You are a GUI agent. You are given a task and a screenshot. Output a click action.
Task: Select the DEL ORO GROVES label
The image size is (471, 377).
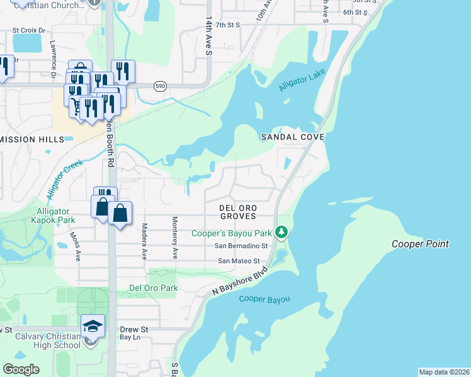237,211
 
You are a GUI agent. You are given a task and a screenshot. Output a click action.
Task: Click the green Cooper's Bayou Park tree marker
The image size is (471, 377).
283,232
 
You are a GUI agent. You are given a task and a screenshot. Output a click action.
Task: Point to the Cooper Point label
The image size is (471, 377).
420,244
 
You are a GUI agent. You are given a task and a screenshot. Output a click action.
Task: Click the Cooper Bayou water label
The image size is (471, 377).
264,299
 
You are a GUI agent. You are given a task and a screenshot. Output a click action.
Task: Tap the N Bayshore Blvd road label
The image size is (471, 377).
240,280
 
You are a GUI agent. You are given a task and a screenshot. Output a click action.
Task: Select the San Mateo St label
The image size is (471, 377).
239,260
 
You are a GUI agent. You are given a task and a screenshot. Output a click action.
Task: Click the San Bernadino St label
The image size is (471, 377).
241,246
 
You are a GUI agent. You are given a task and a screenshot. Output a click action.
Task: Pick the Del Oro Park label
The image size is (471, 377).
153,288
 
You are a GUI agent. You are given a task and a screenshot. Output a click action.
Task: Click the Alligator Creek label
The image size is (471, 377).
64,178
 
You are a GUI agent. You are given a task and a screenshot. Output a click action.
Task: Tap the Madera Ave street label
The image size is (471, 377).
144,241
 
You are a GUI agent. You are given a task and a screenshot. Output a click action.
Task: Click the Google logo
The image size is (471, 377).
21,369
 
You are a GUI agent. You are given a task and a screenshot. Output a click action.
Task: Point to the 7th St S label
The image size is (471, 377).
229,25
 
